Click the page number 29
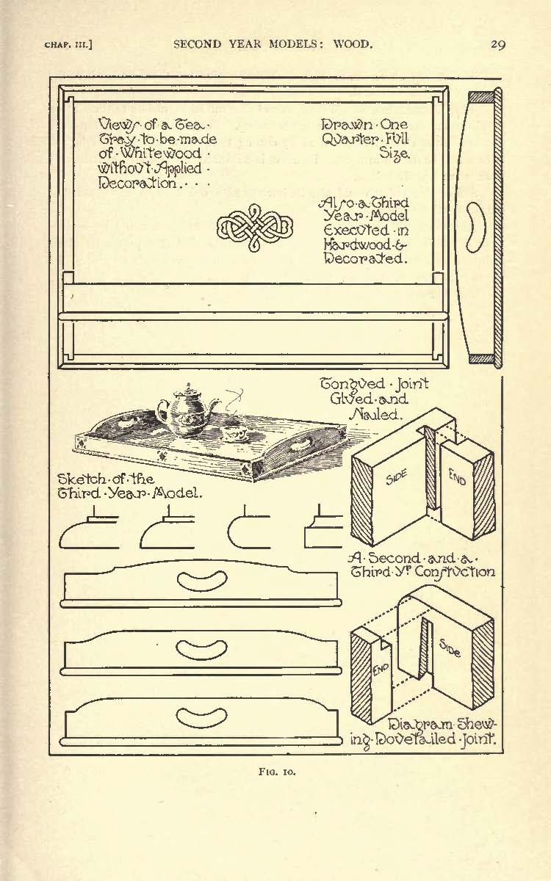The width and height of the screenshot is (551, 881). [498, 44]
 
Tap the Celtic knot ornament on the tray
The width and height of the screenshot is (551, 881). [255, 228]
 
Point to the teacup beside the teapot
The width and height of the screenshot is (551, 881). [235, 434]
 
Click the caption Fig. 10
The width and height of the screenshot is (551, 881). [277, 772]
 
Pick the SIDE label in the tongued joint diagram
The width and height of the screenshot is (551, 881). [396, 476]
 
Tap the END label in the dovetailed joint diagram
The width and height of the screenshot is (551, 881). [381, 668]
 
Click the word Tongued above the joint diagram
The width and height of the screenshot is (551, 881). [352, 384]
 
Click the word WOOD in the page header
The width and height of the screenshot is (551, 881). [353, 43]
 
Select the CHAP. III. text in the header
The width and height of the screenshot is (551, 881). [68, 45]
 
